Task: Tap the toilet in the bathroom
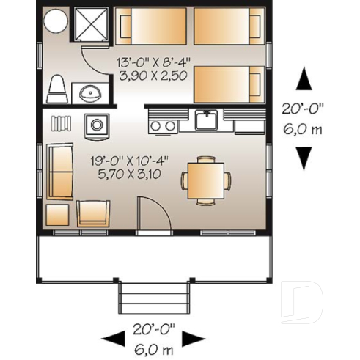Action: coord(56,89)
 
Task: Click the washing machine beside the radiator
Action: coord(96,124)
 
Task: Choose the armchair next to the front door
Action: coord(92,213)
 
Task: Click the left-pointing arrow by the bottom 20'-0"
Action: coord(111,338)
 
